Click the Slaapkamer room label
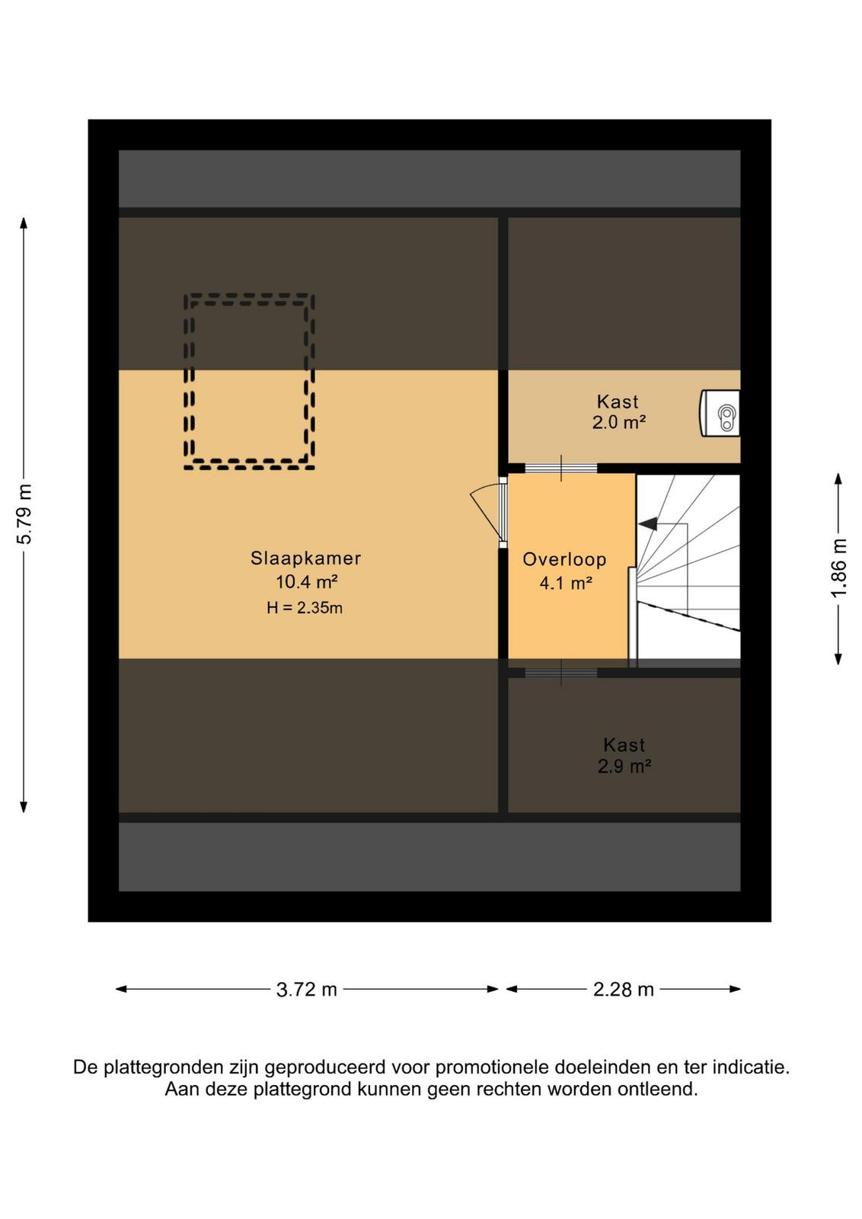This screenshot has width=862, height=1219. pyautogui.click(x=305, y=558)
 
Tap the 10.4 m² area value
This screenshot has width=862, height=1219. pyautogui.click(x=307, y=582)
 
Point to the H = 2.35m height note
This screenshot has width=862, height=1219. pyautogui.click(x=305, y=608)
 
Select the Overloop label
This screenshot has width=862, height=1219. pyautogui.click(x=564, y=559)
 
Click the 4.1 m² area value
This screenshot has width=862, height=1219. pyautogui.click(x=566, y=584)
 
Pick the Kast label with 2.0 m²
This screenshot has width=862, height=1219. pyautogui.click(x=618, y=402)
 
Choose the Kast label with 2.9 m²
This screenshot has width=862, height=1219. pyautogui.click(x=624, y=745)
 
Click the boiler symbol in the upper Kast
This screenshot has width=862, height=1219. pyautogui.click(x=720, y=413)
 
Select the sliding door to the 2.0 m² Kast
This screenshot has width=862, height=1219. pyautogui.click(x=560, y=468)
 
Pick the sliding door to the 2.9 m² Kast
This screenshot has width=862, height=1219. pyautogui.click(x=560, y=673)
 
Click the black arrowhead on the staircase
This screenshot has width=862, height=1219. pyautogui.click(x=647, y=524)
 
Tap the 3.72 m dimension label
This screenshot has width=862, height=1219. pyautogui.click(x=307, y=990)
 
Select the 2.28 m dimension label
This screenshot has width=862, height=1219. pyautogui.click(x=623, y=990)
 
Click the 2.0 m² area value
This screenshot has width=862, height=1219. pyautogui.click(x=619, y=423)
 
